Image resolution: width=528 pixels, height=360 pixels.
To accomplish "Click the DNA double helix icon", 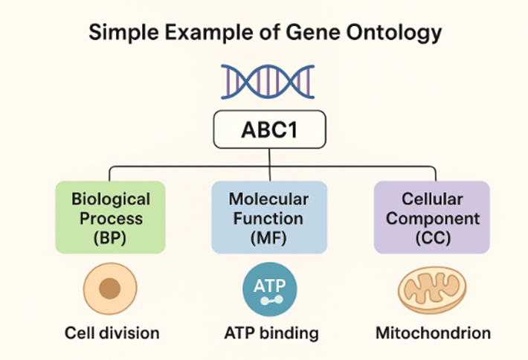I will (264, 81).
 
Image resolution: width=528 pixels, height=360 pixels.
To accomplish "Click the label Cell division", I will (110, 332).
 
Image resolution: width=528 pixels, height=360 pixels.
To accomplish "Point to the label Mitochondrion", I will (432, 332).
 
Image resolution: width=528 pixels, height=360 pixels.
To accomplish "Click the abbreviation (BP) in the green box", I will (110, 239).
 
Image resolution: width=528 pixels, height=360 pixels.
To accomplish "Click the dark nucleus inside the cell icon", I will (110, 289).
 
